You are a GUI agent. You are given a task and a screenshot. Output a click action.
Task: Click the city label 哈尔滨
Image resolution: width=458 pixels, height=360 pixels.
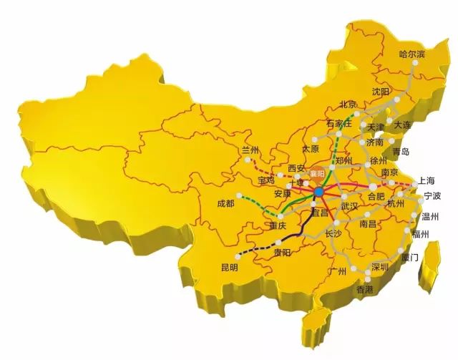point(411,54)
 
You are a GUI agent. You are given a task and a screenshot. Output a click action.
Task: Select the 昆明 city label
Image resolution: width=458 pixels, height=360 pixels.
point(229,267)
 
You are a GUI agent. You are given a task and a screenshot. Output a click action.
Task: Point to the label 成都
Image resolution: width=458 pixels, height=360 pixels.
point(225,203)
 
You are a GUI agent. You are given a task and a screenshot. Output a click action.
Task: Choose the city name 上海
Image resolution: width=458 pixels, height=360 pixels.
point(427,180)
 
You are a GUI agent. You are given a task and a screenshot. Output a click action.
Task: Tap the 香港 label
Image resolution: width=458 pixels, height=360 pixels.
point(364,289)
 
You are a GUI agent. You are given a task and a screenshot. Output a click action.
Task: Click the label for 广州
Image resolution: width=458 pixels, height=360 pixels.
point(336,271)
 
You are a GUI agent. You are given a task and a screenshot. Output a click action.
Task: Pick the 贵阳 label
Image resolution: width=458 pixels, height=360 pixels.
point(283,252)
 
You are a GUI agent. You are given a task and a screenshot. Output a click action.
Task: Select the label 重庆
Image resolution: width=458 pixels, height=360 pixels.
point(277,225)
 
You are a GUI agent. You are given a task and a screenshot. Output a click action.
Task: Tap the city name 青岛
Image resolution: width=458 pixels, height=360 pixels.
point(401,151)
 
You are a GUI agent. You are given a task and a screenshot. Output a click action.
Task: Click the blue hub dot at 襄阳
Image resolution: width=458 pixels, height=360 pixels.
point(318,192)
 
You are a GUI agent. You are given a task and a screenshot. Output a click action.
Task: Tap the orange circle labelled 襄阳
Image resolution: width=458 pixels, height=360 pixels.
point(317,174)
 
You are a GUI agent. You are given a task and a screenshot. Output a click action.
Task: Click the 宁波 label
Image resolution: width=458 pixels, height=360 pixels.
point(432,195)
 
